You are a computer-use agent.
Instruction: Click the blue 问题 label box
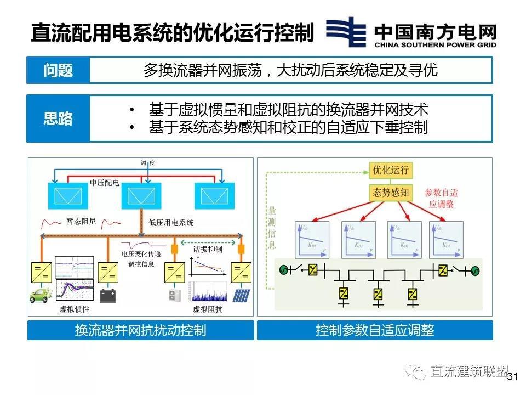pos(58,70)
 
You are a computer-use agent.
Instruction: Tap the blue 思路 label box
pos(58,119)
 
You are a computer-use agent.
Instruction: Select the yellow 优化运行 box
pos(391,170)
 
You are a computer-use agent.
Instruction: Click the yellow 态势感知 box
pos(391,193)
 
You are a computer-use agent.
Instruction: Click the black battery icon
pos(107,296)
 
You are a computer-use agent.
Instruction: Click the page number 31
pos(513,377)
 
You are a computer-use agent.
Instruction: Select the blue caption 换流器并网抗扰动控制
pos(140,330)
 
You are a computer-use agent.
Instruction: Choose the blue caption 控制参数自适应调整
pos(375,330)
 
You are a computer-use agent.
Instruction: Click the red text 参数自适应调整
pos(442,198)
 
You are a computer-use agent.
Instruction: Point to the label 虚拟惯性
pos(75,309)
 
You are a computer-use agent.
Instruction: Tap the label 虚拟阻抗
pos(208,309)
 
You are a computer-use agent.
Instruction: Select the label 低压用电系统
pos(171,223)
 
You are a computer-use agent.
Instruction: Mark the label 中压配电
pos(104,183)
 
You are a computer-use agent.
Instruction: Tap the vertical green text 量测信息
pos(272,228)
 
